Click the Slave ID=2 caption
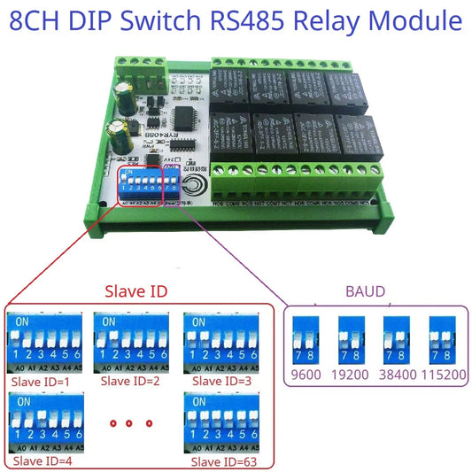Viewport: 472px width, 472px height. [129, 381]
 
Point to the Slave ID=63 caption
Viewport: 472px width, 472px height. [221, 461]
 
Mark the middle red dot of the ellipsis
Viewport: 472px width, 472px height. [129, 422]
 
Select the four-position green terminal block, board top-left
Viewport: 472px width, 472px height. [144, 66]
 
